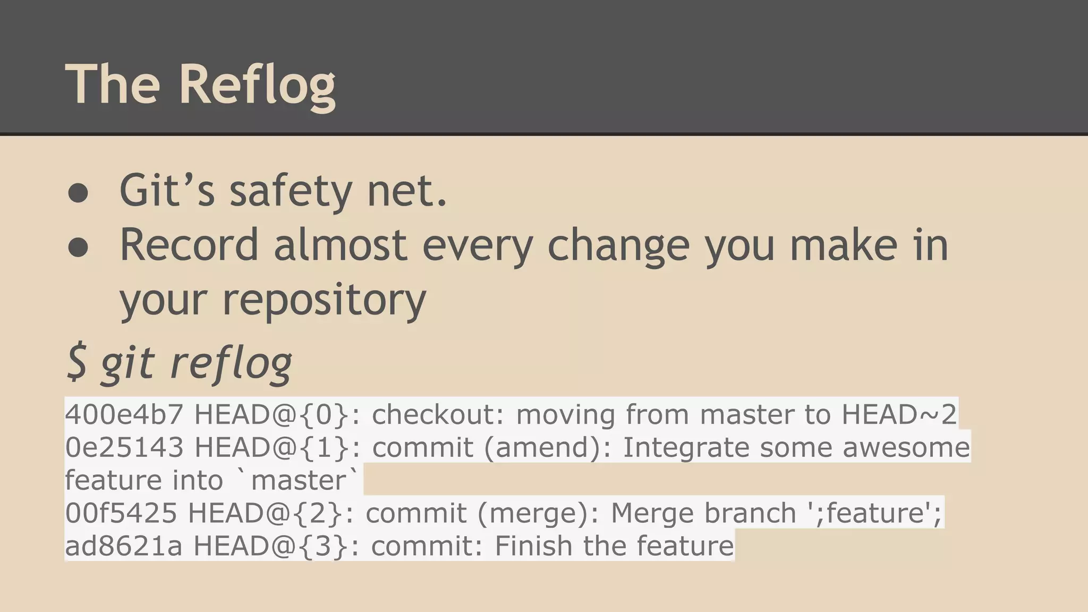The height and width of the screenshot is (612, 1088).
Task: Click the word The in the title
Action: pos(113,84)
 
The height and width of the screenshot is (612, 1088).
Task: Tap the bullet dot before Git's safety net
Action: pos(78,193)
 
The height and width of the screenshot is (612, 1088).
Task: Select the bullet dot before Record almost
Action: pos(78,247)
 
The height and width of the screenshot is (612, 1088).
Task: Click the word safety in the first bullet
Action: pos(290,191)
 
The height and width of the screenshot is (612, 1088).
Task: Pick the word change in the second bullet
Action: pos(618,246)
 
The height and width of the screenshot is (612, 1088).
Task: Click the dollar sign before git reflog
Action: pos(77,362)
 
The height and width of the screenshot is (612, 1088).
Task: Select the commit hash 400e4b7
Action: pos(124,414)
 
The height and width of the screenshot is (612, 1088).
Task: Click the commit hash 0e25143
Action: pos(124,447)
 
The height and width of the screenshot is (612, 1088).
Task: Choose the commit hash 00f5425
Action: pos(121,513)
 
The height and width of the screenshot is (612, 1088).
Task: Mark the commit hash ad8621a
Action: pos(123,546)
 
